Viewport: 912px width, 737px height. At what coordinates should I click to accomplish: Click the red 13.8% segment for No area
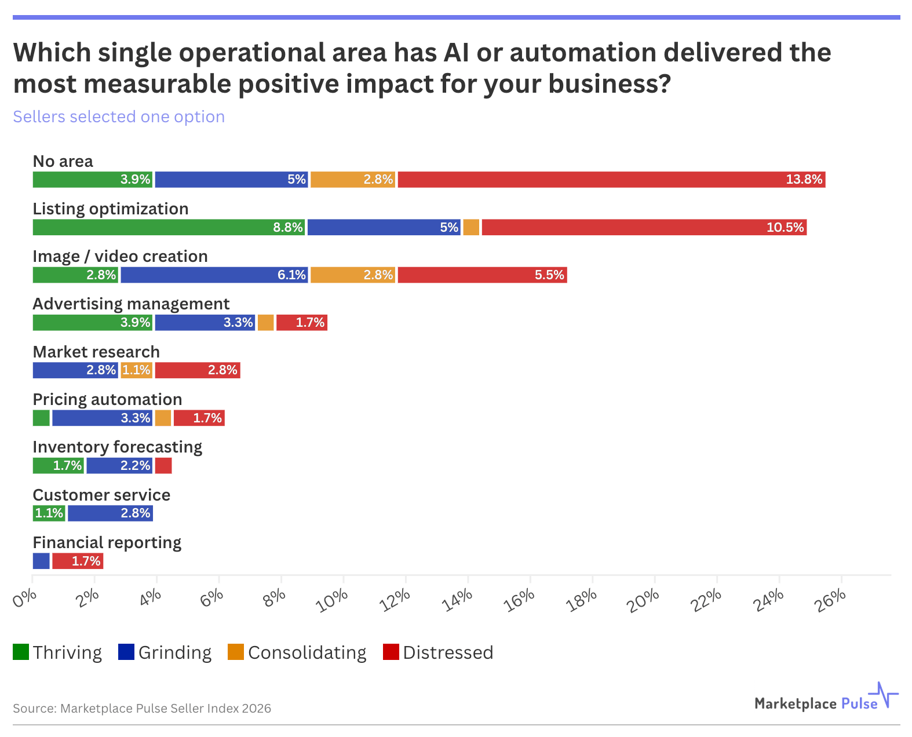point(611,180)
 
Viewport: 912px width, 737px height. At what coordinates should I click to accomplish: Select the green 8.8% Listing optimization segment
point(169,227)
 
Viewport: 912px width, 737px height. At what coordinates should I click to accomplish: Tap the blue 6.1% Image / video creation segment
point(214,275)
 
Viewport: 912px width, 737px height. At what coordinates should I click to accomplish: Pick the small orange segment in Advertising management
point(265,323)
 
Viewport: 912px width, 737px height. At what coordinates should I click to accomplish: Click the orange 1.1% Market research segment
point(136,370)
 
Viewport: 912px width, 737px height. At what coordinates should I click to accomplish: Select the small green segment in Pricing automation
point(41,418)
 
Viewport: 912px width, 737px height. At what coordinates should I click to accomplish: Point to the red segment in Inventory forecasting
point(163,465)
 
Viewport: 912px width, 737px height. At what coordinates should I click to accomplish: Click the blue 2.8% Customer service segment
point(110,513)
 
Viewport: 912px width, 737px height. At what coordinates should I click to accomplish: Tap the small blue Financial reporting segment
point(41,561)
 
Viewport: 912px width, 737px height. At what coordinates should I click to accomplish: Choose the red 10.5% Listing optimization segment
point(644,227)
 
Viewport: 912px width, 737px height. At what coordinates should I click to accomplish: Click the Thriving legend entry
point(57,652)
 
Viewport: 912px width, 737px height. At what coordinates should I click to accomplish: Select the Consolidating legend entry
point(297,652)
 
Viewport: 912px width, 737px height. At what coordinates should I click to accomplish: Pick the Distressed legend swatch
point(391,652)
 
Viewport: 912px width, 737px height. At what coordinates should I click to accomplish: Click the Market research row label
point(96,352)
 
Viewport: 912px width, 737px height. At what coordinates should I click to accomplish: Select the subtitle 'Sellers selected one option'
point(119,116)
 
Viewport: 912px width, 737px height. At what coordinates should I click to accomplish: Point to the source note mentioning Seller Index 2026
point(142,708)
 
